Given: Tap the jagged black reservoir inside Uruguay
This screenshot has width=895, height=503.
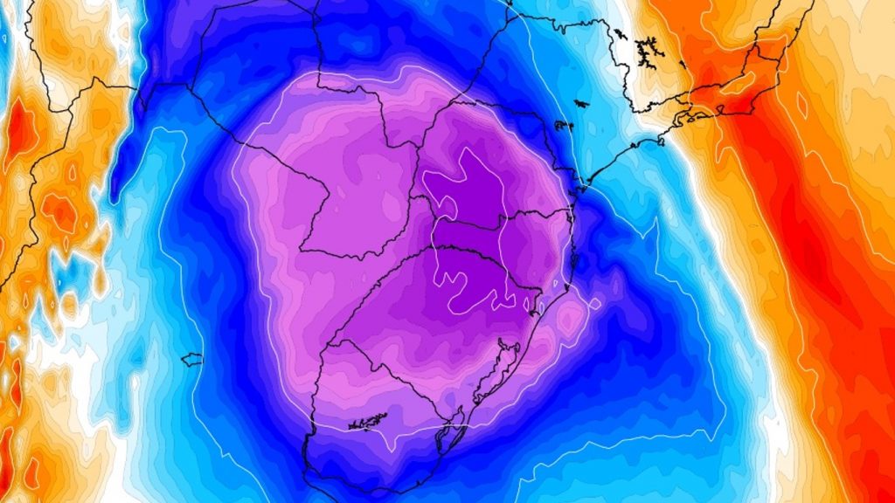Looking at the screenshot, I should pos(368,423).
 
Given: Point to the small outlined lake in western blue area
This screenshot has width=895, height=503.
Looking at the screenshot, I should pos(191,359).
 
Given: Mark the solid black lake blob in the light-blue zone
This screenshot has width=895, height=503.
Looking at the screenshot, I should pos(562,126).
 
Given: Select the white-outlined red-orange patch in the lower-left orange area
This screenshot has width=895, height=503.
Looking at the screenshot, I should pos(62,210).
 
